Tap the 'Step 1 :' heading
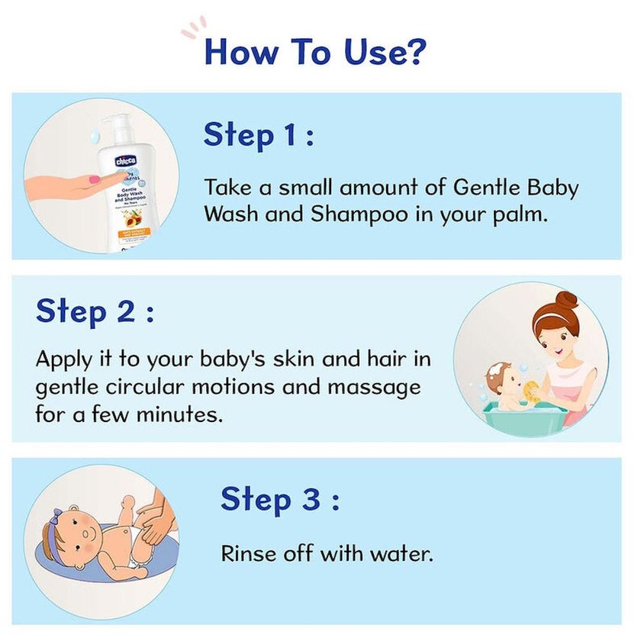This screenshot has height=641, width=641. coord(259,135)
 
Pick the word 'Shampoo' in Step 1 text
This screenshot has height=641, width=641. coord(350,214)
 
